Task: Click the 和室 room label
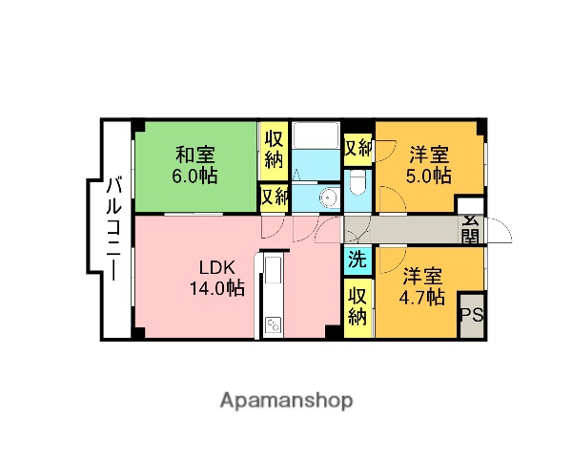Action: (x=195, y=154)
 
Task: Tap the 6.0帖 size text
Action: (x=195, y=176)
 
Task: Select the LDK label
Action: (x=215, y=266)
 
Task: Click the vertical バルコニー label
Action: (x=113, y=229)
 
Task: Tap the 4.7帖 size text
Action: (x=420, y=297)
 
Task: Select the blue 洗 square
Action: (x=357, y=259)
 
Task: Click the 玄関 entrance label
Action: (x=471, y=230)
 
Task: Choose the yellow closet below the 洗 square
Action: (x=357, y=305)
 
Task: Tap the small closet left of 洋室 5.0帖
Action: (x=357, y=149)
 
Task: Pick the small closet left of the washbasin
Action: (x=274, y=198)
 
